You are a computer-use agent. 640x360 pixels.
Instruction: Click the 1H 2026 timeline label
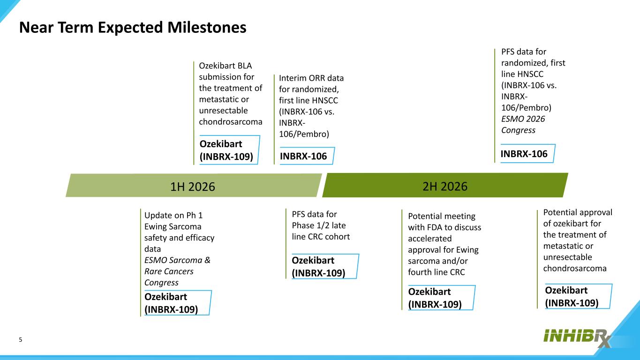coord(193,187)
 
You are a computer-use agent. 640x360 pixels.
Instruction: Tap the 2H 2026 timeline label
coord(445,186)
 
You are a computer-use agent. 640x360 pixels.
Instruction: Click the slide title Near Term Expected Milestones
coord(133,28)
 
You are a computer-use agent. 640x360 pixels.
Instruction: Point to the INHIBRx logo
coord(577,338)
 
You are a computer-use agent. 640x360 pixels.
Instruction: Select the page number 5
coord(20,340)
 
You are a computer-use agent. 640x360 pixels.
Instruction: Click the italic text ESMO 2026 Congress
coord(523,124)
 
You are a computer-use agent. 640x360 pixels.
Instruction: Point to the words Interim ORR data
coord(311,78)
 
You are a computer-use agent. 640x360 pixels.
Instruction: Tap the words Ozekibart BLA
coord(226,66)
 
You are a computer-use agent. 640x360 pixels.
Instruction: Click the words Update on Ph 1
coord(173,215)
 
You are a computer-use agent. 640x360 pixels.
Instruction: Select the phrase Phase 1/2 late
coord(318,225)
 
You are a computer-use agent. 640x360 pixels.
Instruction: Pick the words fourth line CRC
coord(437,272)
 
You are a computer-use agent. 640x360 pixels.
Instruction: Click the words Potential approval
coord(578,212)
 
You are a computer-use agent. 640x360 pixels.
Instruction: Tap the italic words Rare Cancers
coord(169,271)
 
